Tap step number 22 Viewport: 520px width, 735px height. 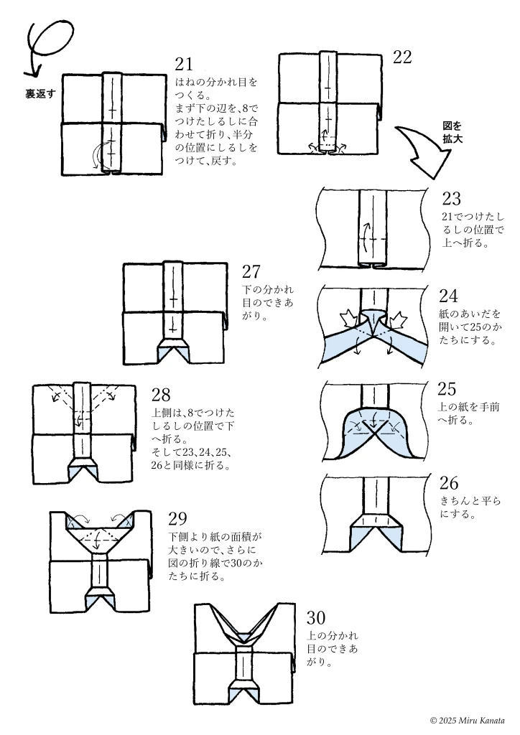402,58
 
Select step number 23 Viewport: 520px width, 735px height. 452,199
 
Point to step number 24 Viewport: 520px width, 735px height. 448,295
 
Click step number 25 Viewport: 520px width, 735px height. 447,388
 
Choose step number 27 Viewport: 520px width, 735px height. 251,271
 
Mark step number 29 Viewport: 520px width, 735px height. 177,518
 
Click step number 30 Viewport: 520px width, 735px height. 316,617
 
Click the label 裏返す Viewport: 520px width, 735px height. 41,94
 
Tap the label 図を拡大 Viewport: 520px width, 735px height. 452,133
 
